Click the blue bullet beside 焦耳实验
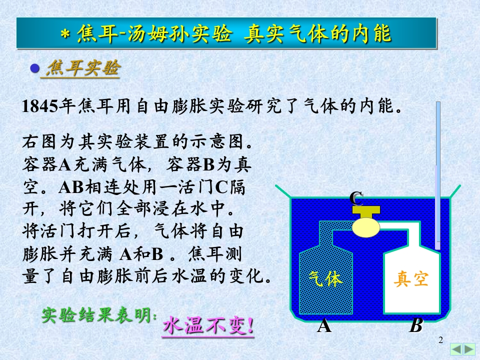click(x=35, y=68)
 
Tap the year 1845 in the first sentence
click(x=40, y=106)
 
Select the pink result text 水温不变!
click(x=208, y=325)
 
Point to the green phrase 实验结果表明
click(x=98, y=315)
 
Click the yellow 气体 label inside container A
click(x=325, y=278)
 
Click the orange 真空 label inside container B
click(x=411, y=278)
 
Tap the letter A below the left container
click(x=324, y=325)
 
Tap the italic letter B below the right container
click(x=416, y=325)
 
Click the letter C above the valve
click(x=356, y=198)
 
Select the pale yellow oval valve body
click(x=366, y=227)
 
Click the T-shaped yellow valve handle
click(x=366, y=211)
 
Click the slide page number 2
click(x=441, y=340)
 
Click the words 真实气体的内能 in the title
click(x=317, y=33)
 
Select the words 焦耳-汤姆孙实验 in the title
click(x=154, y=33)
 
